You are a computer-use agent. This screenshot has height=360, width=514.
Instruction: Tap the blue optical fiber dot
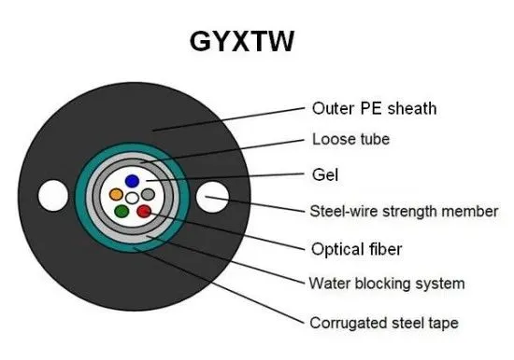[x=133, y=180]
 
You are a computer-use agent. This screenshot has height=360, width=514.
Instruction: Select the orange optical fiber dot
[x=116, y=195]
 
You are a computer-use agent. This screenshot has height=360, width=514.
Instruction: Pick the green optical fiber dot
[x=121, y=212]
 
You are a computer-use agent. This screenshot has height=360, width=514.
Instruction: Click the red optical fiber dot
[x=143, y=212]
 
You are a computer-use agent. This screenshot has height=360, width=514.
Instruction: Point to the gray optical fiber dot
[x=148, y=194]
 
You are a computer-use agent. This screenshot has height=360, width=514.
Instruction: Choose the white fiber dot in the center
[x=132, y=198]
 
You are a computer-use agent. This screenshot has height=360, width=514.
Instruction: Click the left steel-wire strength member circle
[x=47, y=197]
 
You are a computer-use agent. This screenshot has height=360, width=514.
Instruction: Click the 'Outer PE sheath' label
[x=373, y=107]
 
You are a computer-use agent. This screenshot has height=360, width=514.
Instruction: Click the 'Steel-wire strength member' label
[x=404, y=211]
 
